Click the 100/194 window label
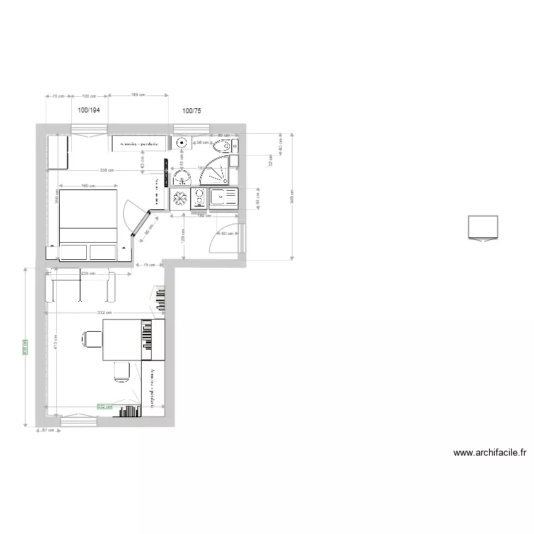coord(89,110)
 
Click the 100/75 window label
coord(192,110)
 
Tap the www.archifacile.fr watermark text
coord(490,452)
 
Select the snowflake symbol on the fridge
coord(180,197)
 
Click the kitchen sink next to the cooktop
coord(228,197)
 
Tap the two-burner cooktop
coord(199,197)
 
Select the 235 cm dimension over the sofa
coord(88,273)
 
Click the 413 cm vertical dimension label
coord(55,341)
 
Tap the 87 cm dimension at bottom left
coord(48,430)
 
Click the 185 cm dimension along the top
coord(137,95)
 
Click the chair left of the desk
coord(90,339)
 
